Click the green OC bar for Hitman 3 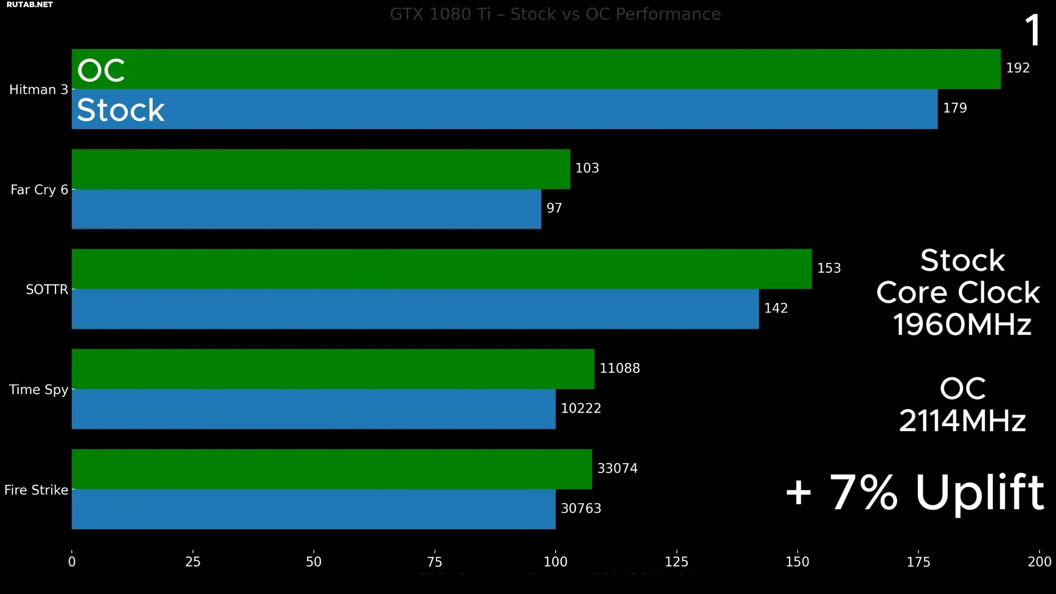[536, 69]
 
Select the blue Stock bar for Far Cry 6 [306, 209]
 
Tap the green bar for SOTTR [442, 269]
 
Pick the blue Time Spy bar [313, 409]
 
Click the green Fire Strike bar [332, 469]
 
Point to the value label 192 [1018, 68]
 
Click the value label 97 [554, 208]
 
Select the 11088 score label [619, 369]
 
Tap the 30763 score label [581, 509]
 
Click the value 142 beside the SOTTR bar [776, 309]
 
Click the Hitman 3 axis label [38, 90]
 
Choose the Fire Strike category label [36, 490]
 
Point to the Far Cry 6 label [39, 190]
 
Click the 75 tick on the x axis [435, 562]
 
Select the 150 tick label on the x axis [797, 562]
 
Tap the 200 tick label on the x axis [1039, 562]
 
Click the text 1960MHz [962, 324]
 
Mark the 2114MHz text [962, 421]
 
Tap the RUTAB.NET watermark [30, 4]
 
